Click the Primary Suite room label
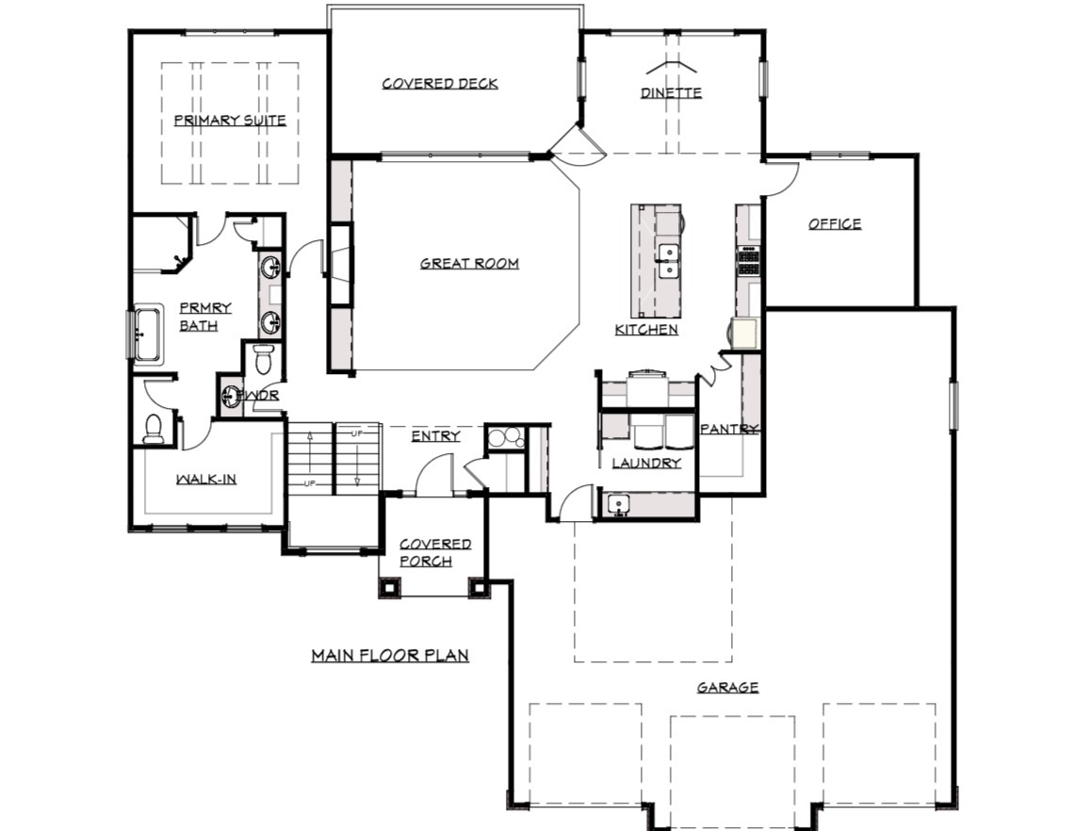point(230,121)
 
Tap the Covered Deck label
point(440,84)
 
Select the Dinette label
point(671,92)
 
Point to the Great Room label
point(469,263)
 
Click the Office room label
point(835,224)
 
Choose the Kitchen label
point(646,330)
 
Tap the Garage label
point(728,687)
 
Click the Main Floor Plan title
point(390,656)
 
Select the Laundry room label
point(646,464)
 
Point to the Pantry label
point(729,430)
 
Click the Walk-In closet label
point(206,480)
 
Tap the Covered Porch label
point(435,553)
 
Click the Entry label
point(436,436)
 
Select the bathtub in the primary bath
point(147,334)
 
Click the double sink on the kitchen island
point(668,261)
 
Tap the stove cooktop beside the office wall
point(748,261)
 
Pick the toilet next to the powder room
point(263,359)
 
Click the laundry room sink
point(618,505)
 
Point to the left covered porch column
point(389,587)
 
